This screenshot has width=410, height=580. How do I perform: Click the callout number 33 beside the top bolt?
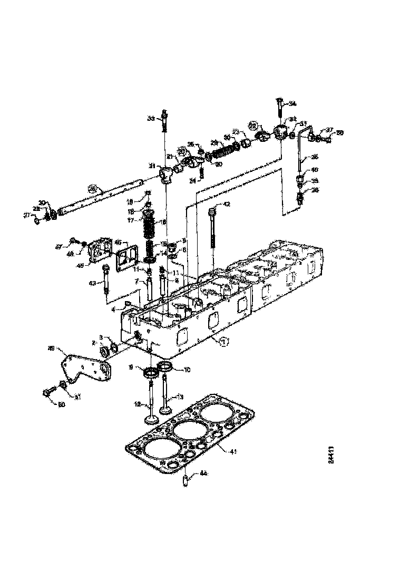[151, 119]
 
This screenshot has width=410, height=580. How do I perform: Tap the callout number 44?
[203, 474]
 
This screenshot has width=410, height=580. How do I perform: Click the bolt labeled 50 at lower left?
[46, 393]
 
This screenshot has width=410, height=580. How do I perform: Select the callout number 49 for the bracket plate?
[52, 348]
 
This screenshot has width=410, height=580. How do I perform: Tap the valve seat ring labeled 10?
[165, 366]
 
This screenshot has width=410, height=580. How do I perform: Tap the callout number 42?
[227, 204]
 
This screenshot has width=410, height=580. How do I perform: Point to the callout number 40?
[315, 170]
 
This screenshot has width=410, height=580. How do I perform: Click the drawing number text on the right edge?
[330, 455]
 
